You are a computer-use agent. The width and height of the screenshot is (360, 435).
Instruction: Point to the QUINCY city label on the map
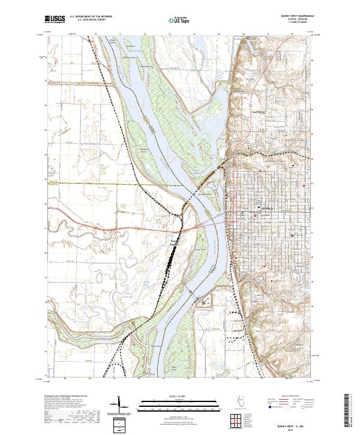[x=268, y=208]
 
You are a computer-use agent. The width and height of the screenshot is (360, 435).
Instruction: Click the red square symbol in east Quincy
[x=305, y=186]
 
